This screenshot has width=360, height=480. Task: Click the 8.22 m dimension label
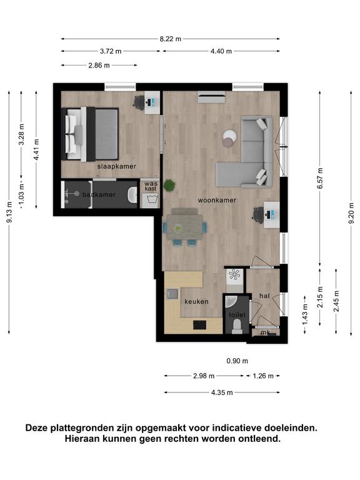(x=170, y=39)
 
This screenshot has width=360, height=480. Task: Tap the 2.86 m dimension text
(x=99, y=65)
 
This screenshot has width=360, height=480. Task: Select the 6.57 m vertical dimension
(x=320, y=179)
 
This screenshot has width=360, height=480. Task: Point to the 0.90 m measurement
(x=237, y=361)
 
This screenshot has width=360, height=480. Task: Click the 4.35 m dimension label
(x=222, y=392)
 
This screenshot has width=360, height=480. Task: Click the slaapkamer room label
(x=117, y=166)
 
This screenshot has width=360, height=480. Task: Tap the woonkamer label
(x=217, y=200)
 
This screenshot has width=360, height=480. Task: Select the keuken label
(x=196, y=301)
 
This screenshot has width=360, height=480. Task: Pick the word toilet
(x=237, y=315)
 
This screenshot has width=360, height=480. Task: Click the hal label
(x=264, y=296)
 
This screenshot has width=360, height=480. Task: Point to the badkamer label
(x=99, y=195)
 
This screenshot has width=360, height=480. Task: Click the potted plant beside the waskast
(x=169, y=185)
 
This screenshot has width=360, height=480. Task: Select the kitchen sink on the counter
(x=172, y=294)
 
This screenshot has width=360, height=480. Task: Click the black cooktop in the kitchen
(x=199, y=325)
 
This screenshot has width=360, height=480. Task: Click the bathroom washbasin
(x=132, y=195)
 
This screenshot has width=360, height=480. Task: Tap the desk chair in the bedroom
(x=139, y=102)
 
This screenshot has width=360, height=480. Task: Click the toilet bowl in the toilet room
(x=237, y=326)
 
